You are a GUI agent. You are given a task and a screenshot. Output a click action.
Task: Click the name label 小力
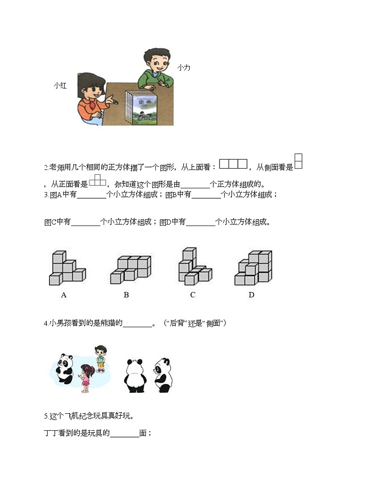click(184, 68)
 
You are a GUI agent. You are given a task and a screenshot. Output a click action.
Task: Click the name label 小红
click(60, 85)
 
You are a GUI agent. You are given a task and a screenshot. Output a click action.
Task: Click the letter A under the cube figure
click(64, 295)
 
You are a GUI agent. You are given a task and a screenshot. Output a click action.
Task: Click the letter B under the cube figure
click(126, 295)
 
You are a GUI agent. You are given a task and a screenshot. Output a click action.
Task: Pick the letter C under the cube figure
click(193, 295)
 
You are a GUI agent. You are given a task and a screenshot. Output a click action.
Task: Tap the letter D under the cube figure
click(252, 295)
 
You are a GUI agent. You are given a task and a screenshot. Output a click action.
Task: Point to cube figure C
click(194, 267)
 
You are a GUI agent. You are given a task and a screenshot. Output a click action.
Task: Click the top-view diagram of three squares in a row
click(234, 164)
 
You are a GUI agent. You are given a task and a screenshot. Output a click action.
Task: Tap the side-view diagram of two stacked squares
click(298, 161)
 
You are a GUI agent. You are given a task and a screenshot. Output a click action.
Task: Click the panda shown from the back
click(134, 375)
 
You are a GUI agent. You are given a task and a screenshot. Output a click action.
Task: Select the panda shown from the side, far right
click(163, 375)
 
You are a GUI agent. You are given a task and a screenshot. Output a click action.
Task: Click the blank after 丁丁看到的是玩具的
click(124, 435)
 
